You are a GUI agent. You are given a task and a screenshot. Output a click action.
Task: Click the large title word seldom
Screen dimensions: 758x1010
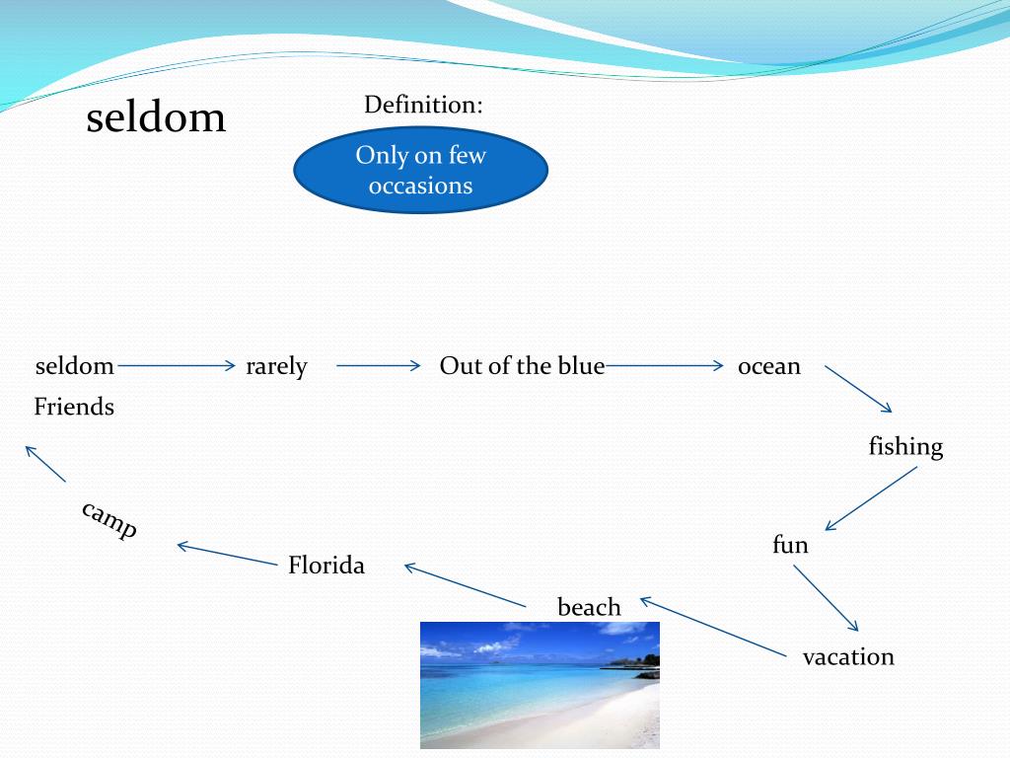pos(156,118)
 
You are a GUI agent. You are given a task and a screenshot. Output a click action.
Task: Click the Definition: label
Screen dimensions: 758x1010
pos(423,105)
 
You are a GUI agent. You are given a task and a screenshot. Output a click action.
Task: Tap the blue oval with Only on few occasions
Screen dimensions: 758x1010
pos(420,170)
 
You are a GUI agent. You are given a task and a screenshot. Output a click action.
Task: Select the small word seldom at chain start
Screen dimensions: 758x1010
pos(75,366)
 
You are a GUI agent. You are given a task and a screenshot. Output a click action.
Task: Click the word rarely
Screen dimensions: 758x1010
pos(276,366)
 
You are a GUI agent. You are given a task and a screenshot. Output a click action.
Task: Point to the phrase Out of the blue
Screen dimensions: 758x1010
pos(522,366)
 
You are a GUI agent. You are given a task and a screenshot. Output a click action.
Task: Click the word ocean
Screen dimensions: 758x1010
pos(768,366)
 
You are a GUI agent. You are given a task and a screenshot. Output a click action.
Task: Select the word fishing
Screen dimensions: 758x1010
pos(905,447)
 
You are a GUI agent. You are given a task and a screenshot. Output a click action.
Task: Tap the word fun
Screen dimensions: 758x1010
pos(790,544)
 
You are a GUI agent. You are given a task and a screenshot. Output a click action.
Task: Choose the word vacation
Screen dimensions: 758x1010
pos(848,656)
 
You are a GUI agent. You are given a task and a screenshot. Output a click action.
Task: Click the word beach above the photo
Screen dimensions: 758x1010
pos(589,607)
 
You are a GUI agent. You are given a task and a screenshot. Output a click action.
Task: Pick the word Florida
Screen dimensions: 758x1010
pos(326,566)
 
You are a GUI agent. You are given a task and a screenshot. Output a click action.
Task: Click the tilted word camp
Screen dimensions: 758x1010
pos(109,519)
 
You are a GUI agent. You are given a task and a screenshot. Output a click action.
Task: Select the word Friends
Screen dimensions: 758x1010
pos(74,407)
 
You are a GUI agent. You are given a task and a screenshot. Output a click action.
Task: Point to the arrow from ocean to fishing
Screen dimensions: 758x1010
pos(858,389)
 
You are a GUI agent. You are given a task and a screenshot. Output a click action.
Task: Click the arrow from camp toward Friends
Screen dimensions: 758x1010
pos(45,464)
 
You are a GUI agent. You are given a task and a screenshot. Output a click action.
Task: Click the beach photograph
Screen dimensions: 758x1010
pos(540,685)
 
